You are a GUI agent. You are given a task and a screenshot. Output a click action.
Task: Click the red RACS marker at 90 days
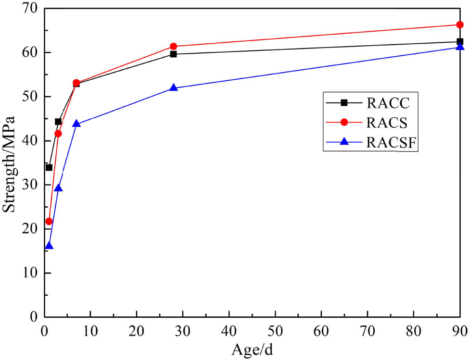tap(459, 25)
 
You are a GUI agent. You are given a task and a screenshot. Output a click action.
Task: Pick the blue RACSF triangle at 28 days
tap(174, 88)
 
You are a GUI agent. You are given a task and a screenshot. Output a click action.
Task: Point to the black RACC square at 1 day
tap(49, 167)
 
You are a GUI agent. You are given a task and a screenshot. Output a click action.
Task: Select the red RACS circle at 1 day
tap(49, 221)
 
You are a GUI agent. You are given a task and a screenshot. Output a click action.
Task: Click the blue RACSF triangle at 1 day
tap(49, 246)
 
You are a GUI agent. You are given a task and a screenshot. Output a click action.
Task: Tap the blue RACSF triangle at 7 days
tap(76, 124)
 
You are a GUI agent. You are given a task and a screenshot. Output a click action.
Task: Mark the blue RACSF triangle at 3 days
tap(58, 188)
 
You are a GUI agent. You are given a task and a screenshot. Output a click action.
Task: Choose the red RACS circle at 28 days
tap(174, 46)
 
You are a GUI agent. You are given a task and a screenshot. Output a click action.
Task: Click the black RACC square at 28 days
tap(174, 54)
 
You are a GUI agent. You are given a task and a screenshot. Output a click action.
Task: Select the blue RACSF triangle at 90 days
tap(459, 47)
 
